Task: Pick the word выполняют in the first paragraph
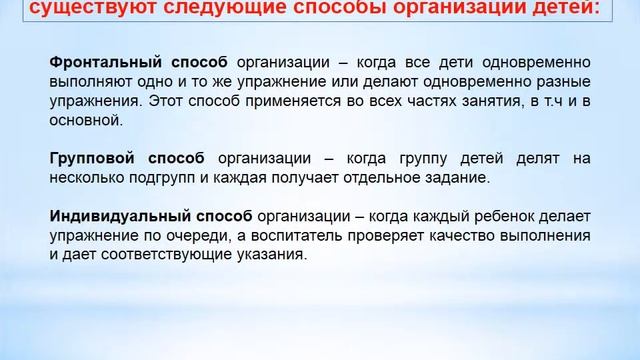coord(89,82)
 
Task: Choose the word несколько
coord(85,177)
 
